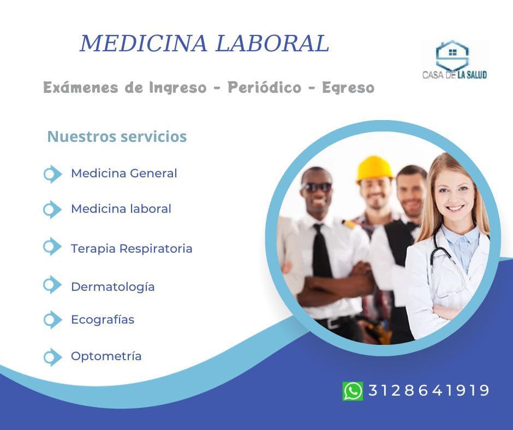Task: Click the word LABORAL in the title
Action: [x=272, y=43]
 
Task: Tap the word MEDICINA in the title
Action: [x=144, y=43]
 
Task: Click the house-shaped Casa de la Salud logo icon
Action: [x=452, y=55]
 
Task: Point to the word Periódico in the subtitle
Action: [x=264, y=87]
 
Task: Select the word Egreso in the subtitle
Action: [x=348, y=88]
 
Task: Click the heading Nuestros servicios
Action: [x=117, y=136]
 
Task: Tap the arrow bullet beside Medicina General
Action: [x=52, y=174]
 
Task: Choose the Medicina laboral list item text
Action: [x=121, y=209]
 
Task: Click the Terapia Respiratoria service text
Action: [x=132, y=248]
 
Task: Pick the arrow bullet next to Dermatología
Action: [x=52, y=285]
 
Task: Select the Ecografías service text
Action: [x=103, y=319]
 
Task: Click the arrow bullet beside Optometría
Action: [x=52, y=357]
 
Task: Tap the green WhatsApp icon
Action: [x=353, y=391]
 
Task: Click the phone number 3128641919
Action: [x=429, y=390]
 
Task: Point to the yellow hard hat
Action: [x=374, y=169]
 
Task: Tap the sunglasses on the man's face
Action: [x=317, y=187]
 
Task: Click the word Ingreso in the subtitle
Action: [x=178, y=88]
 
